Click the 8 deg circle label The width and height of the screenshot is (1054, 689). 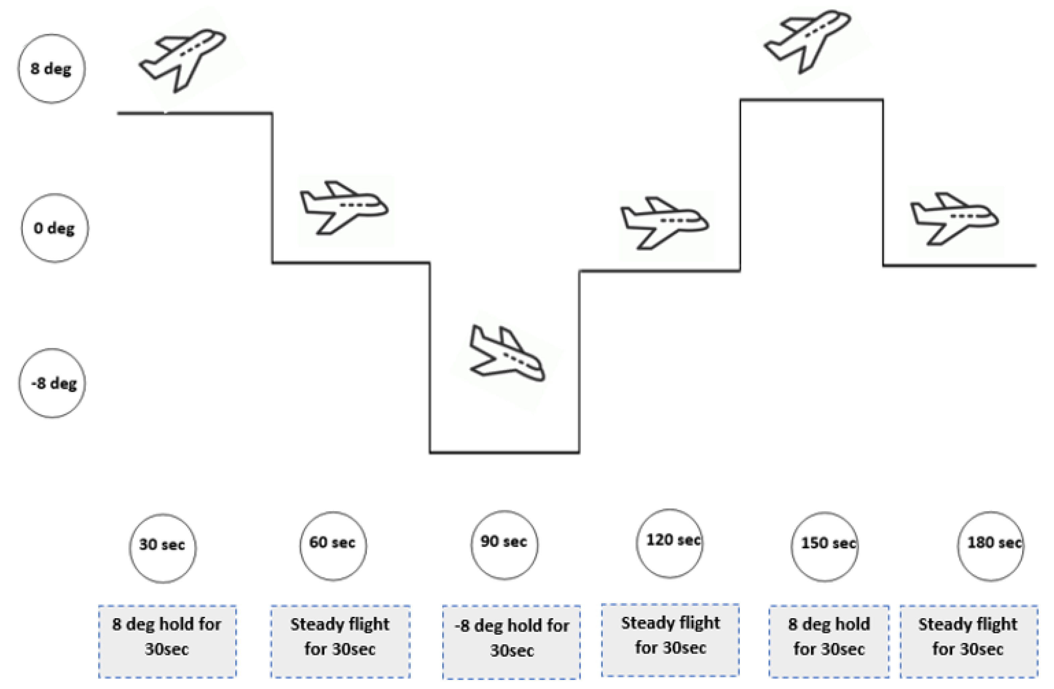tap(51, 69)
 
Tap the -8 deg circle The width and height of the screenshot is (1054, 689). tap(52, 383)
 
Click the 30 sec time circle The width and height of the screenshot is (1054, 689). tap(163, 548)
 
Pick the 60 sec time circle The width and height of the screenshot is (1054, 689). tap(333, 546)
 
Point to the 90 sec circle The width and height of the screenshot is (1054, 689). tap(504, 544)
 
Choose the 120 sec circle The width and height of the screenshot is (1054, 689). tap(670, 543)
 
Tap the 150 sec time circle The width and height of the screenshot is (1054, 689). tap(825, 546)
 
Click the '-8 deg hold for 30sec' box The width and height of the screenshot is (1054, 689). tap(511, 642)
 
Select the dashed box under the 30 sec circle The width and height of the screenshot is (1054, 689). tap(167, 641)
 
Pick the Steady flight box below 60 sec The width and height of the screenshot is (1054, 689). tap(340, 641)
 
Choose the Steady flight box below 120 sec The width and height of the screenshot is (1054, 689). tap(670, 639)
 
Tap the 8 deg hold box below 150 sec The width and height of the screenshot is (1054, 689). tap(829, 641)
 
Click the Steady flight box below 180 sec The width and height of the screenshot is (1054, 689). tap(968, 641)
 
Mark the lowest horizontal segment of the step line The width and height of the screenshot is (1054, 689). tap(504, 453)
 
